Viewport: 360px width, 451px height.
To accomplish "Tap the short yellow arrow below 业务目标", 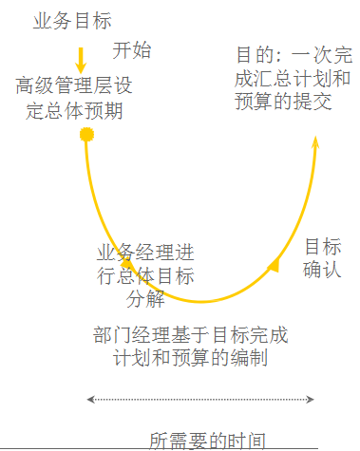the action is tap(81, 59).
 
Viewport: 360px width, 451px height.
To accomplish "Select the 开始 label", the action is tap(132, 49).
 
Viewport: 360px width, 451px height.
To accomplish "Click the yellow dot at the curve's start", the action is tap(87, 135).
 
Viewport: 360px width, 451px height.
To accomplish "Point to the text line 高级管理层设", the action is tap(74, 86).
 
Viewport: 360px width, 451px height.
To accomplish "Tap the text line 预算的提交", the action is tap(283, 102).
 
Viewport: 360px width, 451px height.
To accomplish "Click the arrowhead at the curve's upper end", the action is tap(316, 142).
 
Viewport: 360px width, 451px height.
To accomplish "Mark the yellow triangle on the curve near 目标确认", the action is tap(274, 265).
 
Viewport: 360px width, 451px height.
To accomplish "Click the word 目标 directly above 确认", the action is tap(322, 246).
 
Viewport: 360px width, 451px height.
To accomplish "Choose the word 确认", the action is tap(322, 270).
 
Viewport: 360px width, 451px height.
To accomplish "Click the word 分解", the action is tap(145, 300).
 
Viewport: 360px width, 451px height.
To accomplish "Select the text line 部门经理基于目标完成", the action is tap(189, 335).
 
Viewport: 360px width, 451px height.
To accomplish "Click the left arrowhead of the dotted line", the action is tap(90, 400).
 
